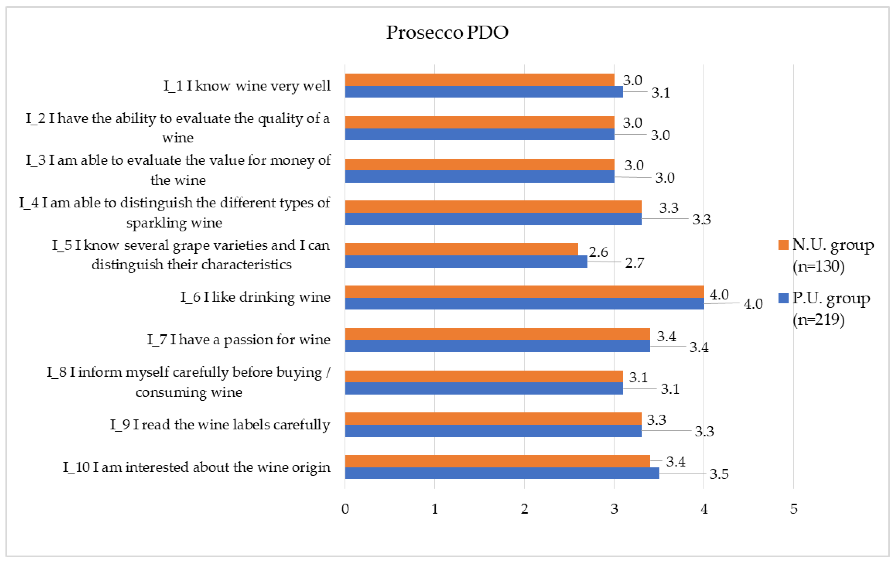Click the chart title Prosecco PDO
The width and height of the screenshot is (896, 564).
447,32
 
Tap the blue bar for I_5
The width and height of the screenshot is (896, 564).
466,261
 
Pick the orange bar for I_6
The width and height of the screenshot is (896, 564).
524,291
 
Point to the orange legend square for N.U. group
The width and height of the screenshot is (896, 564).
783,245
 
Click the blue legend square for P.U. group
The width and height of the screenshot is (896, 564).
783,298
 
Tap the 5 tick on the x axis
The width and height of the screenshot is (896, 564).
794,509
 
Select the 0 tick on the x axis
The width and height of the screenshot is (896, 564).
345,509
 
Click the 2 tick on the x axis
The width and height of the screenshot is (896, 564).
524,509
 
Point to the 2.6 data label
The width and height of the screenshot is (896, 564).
598,252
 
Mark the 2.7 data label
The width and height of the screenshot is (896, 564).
635,263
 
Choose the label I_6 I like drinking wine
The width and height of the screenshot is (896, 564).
255,297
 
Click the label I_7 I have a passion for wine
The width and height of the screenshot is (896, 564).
239,339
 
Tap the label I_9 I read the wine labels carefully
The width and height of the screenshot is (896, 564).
220,424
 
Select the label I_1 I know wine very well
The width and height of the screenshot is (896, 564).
247,86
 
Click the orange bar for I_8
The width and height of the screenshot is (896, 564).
484,376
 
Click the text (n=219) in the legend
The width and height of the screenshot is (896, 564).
818,319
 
